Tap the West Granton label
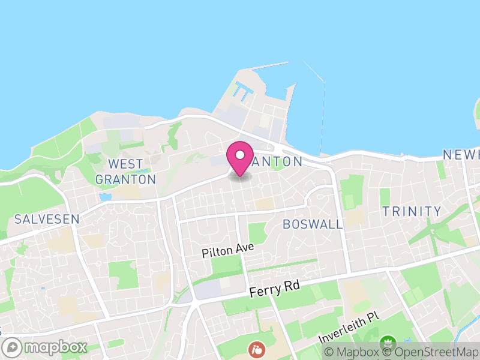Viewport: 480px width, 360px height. [x=125, y=172]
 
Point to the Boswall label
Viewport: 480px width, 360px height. [x=313, y=224]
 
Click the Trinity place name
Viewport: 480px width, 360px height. [x=412, y=211]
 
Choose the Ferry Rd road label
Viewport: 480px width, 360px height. [x=274, y=290]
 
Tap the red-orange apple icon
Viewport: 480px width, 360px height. [x=256, y=348]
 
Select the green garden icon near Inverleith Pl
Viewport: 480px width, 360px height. [x=388, y=341]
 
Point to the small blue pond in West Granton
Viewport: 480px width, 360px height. [x=106, y=197]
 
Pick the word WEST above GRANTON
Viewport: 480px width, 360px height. [x=125, y=164]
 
